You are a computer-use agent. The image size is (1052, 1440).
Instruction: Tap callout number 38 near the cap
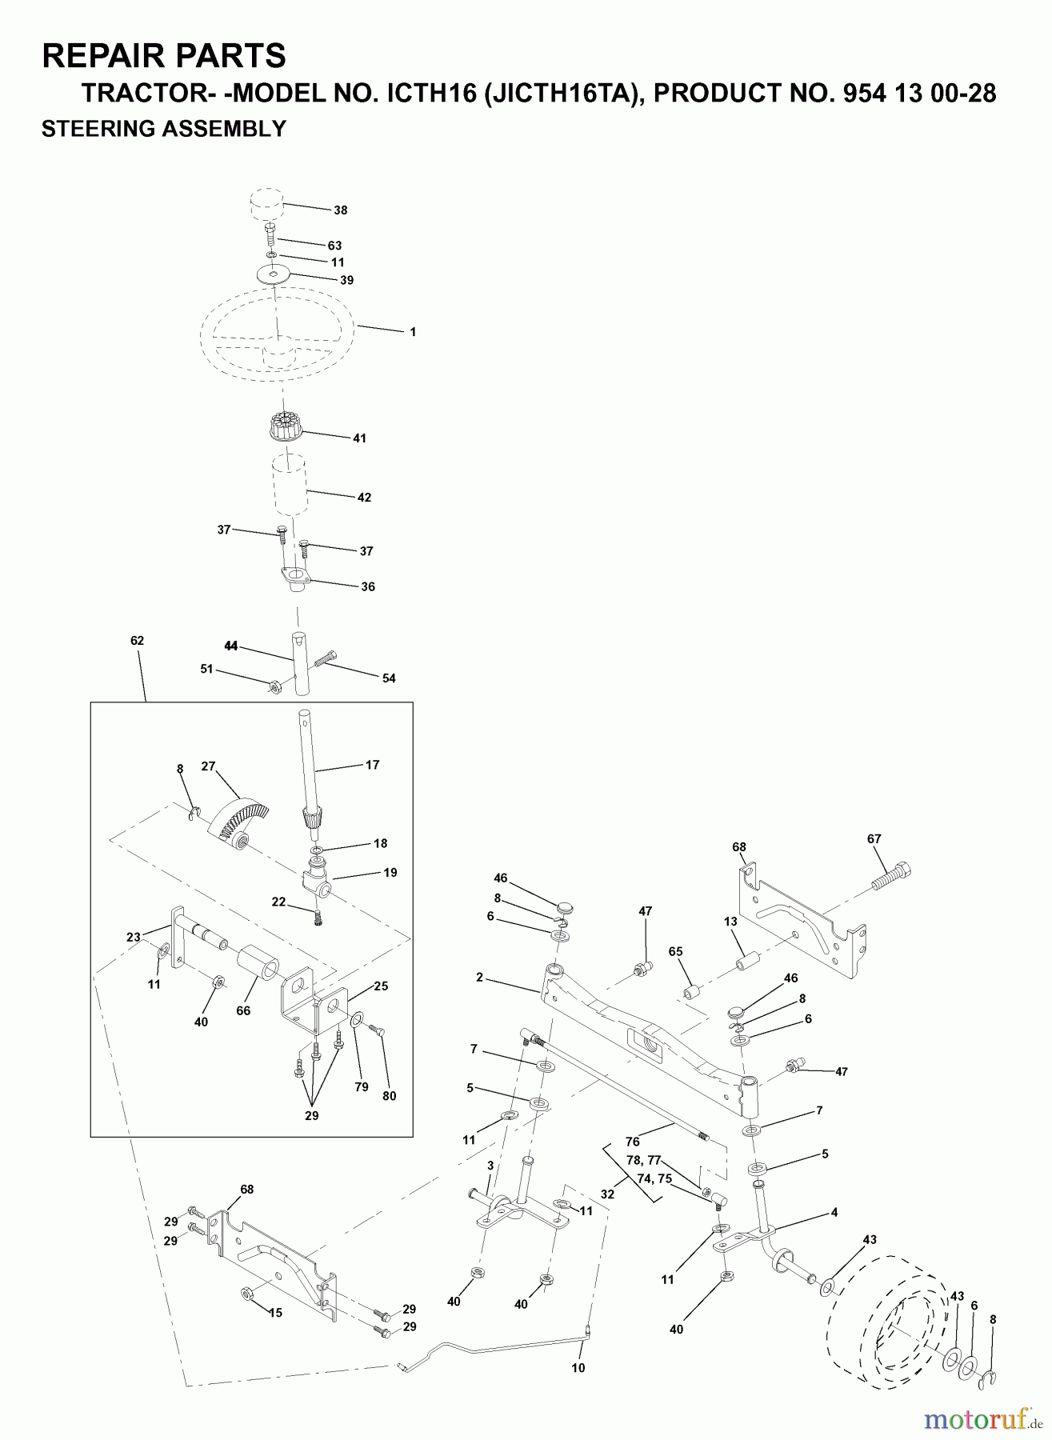pos(341,210)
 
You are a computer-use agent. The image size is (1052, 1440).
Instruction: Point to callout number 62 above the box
pos(137,641)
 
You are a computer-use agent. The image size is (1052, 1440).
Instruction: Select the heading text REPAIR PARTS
pos(163,56)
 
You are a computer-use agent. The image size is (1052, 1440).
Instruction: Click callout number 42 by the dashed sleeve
pos(364,498)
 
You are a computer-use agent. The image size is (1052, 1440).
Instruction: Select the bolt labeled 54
pos(328,661)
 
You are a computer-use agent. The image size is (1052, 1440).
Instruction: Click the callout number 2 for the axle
pos(479,978)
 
